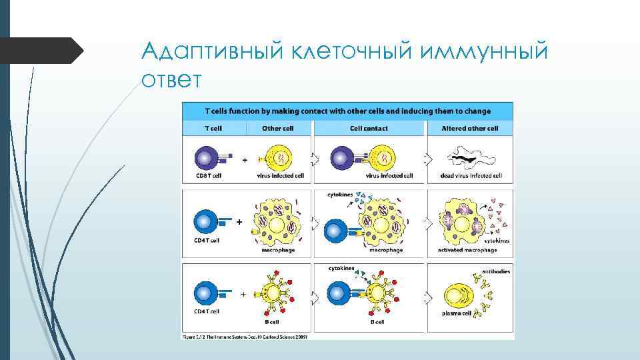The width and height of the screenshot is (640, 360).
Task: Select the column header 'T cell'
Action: (x=213, y=128)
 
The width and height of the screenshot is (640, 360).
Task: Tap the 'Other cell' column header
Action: (x=279, y=128)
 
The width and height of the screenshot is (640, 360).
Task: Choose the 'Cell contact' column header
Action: (x=368, y=128)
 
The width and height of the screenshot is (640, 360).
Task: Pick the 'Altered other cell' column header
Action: (x=471, y=128)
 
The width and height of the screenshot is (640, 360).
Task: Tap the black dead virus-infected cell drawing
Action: (x=471, y=159)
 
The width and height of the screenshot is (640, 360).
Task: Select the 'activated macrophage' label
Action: (x=467, y=250)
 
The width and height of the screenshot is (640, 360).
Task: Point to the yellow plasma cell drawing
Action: (x=457, y=293)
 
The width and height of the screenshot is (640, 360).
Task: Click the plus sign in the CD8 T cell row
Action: (x=244, y=160)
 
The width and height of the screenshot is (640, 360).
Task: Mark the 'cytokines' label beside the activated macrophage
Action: (x=498, y=240)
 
